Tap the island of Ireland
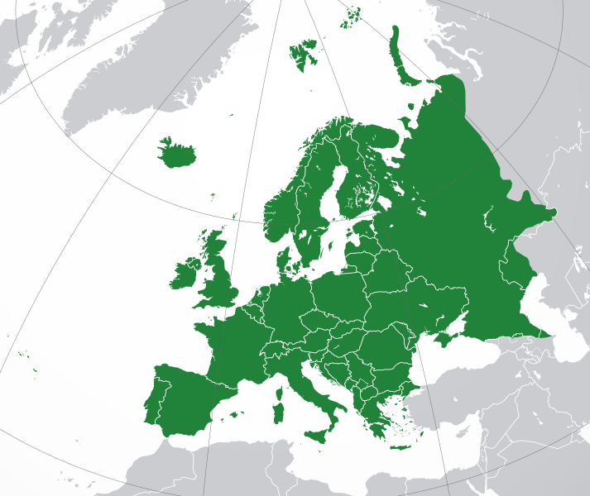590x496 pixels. (x=186, y=274)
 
